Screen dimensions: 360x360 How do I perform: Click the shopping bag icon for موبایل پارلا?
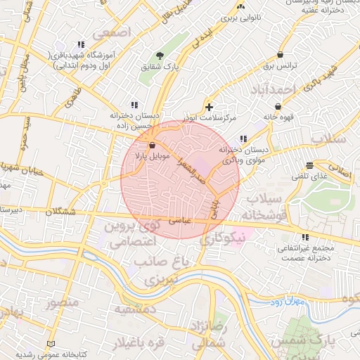(153, 145)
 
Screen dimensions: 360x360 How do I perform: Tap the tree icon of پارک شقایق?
(160, 56)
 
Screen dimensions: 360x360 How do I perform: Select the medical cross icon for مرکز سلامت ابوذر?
(209, 107)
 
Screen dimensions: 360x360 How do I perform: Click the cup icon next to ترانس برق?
(281, 54)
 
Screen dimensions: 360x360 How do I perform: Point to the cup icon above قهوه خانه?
(278, 106)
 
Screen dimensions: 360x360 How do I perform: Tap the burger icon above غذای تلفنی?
(309, 165)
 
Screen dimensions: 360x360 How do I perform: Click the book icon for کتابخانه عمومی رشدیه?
(49, 343)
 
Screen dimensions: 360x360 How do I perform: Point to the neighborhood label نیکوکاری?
(224, 238)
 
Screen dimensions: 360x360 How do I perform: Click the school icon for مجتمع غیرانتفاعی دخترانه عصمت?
(305, 237)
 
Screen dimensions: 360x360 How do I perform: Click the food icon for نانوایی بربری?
(241, 6)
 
